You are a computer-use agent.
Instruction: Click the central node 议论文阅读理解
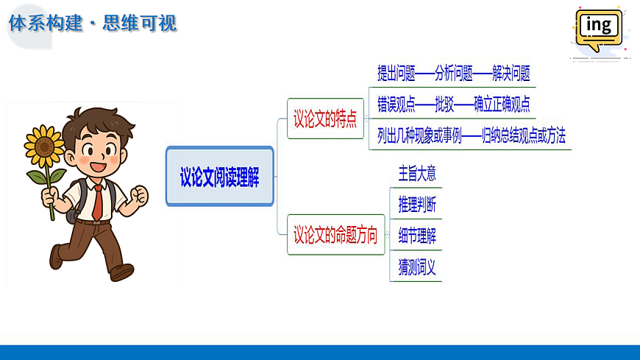220,177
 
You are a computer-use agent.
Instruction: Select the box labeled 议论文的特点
325,119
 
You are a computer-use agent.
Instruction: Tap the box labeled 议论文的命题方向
335,236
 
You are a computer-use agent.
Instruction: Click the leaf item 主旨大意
417,174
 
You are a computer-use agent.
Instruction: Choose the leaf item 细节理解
417,236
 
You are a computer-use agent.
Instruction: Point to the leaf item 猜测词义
417,267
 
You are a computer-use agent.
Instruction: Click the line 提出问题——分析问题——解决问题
453,73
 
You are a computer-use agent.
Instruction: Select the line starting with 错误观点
453,104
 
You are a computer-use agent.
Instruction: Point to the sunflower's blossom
45,146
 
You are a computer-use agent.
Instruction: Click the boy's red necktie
97,202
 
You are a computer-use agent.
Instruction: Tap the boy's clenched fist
138,196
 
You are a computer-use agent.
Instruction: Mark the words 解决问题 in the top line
511,73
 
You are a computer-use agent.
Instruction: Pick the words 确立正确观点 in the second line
502,104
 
